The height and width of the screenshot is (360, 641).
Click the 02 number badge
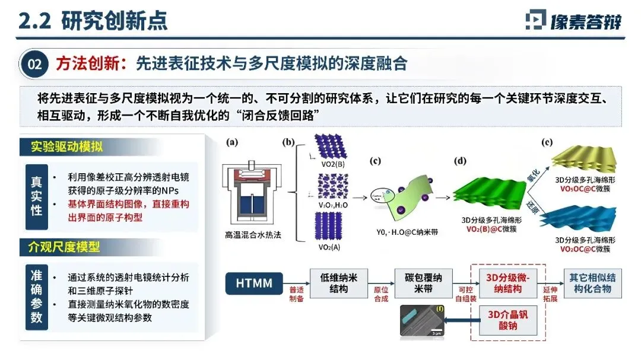tap(35, 64)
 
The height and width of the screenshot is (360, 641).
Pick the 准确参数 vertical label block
tap(36, 295)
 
